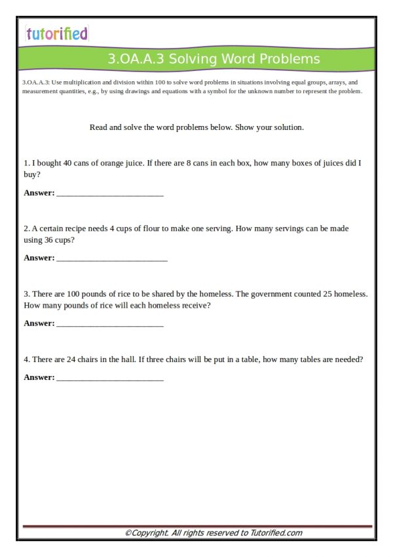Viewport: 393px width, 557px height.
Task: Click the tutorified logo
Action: coord(56,33)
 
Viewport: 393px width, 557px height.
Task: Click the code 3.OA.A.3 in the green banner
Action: coord(136,60)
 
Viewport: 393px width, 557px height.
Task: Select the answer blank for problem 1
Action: coord(110,195)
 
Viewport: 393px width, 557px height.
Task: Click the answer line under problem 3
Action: coord(110,325)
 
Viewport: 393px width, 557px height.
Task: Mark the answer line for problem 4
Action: coord(110,379)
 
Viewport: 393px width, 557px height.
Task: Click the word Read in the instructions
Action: coord(98,127)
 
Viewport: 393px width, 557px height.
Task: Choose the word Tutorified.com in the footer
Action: coord(276,533)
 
